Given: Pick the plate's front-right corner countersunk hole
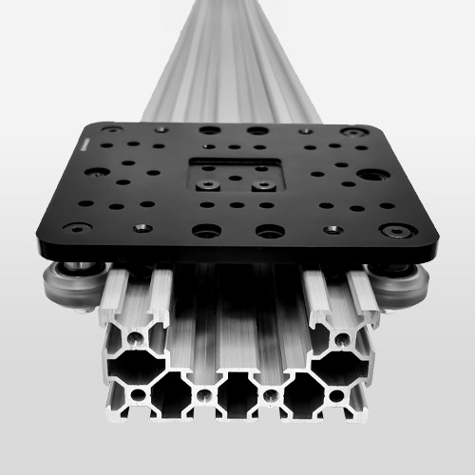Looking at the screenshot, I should tap(398, 230).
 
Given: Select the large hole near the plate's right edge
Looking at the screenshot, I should tap(372, 175).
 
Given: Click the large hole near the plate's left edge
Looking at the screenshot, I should tap(96, 173).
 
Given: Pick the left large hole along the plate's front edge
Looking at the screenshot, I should tap(203, 230).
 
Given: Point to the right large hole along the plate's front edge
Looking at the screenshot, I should tap(270, 231).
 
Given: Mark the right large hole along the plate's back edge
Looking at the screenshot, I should tap(257, 131).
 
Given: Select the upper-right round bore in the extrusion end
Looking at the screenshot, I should tap(340, 338).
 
